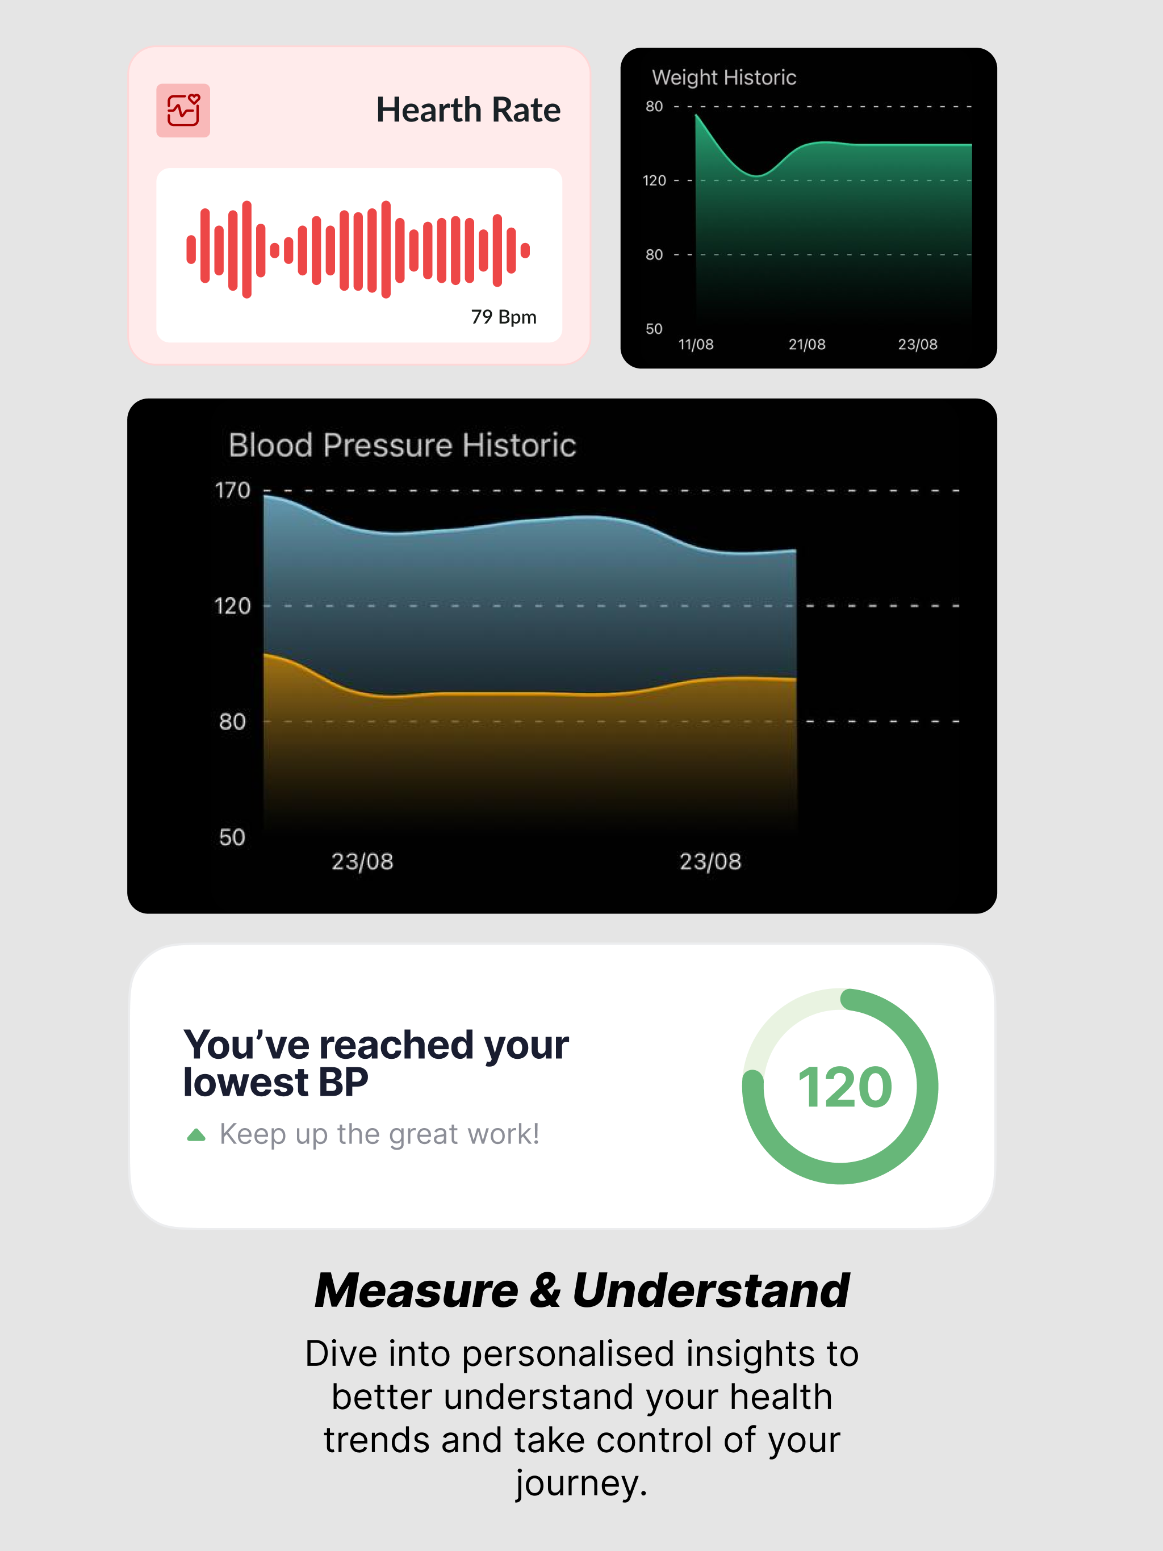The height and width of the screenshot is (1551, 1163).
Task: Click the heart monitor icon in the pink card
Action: click(183, 110)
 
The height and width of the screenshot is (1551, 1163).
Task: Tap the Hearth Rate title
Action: click(468, 110)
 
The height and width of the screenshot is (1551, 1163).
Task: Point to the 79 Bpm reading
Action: click(504, 317)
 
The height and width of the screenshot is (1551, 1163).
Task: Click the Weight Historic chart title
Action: click(724, 77)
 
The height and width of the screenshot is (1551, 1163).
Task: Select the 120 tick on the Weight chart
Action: click(654, 180)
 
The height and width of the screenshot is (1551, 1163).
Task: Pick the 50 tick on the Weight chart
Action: click(654, 329)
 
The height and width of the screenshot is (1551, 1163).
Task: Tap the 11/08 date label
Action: click(696, 344)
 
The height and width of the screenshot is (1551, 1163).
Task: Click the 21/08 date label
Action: click(807, 344)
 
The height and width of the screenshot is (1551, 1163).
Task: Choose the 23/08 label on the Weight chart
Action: click(918, 344)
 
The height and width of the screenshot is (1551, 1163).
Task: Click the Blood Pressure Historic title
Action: click(402, 445)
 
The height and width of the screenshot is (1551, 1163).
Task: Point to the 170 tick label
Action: click(232, 490)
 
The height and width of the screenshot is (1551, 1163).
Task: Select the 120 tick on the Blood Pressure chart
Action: click(232, 606)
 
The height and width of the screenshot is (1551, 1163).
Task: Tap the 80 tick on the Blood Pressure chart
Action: click(232, 722)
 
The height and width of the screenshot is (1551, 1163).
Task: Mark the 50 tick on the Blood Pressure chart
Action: click(232, 837)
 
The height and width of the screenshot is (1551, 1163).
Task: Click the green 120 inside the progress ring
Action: click(844, 1088)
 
